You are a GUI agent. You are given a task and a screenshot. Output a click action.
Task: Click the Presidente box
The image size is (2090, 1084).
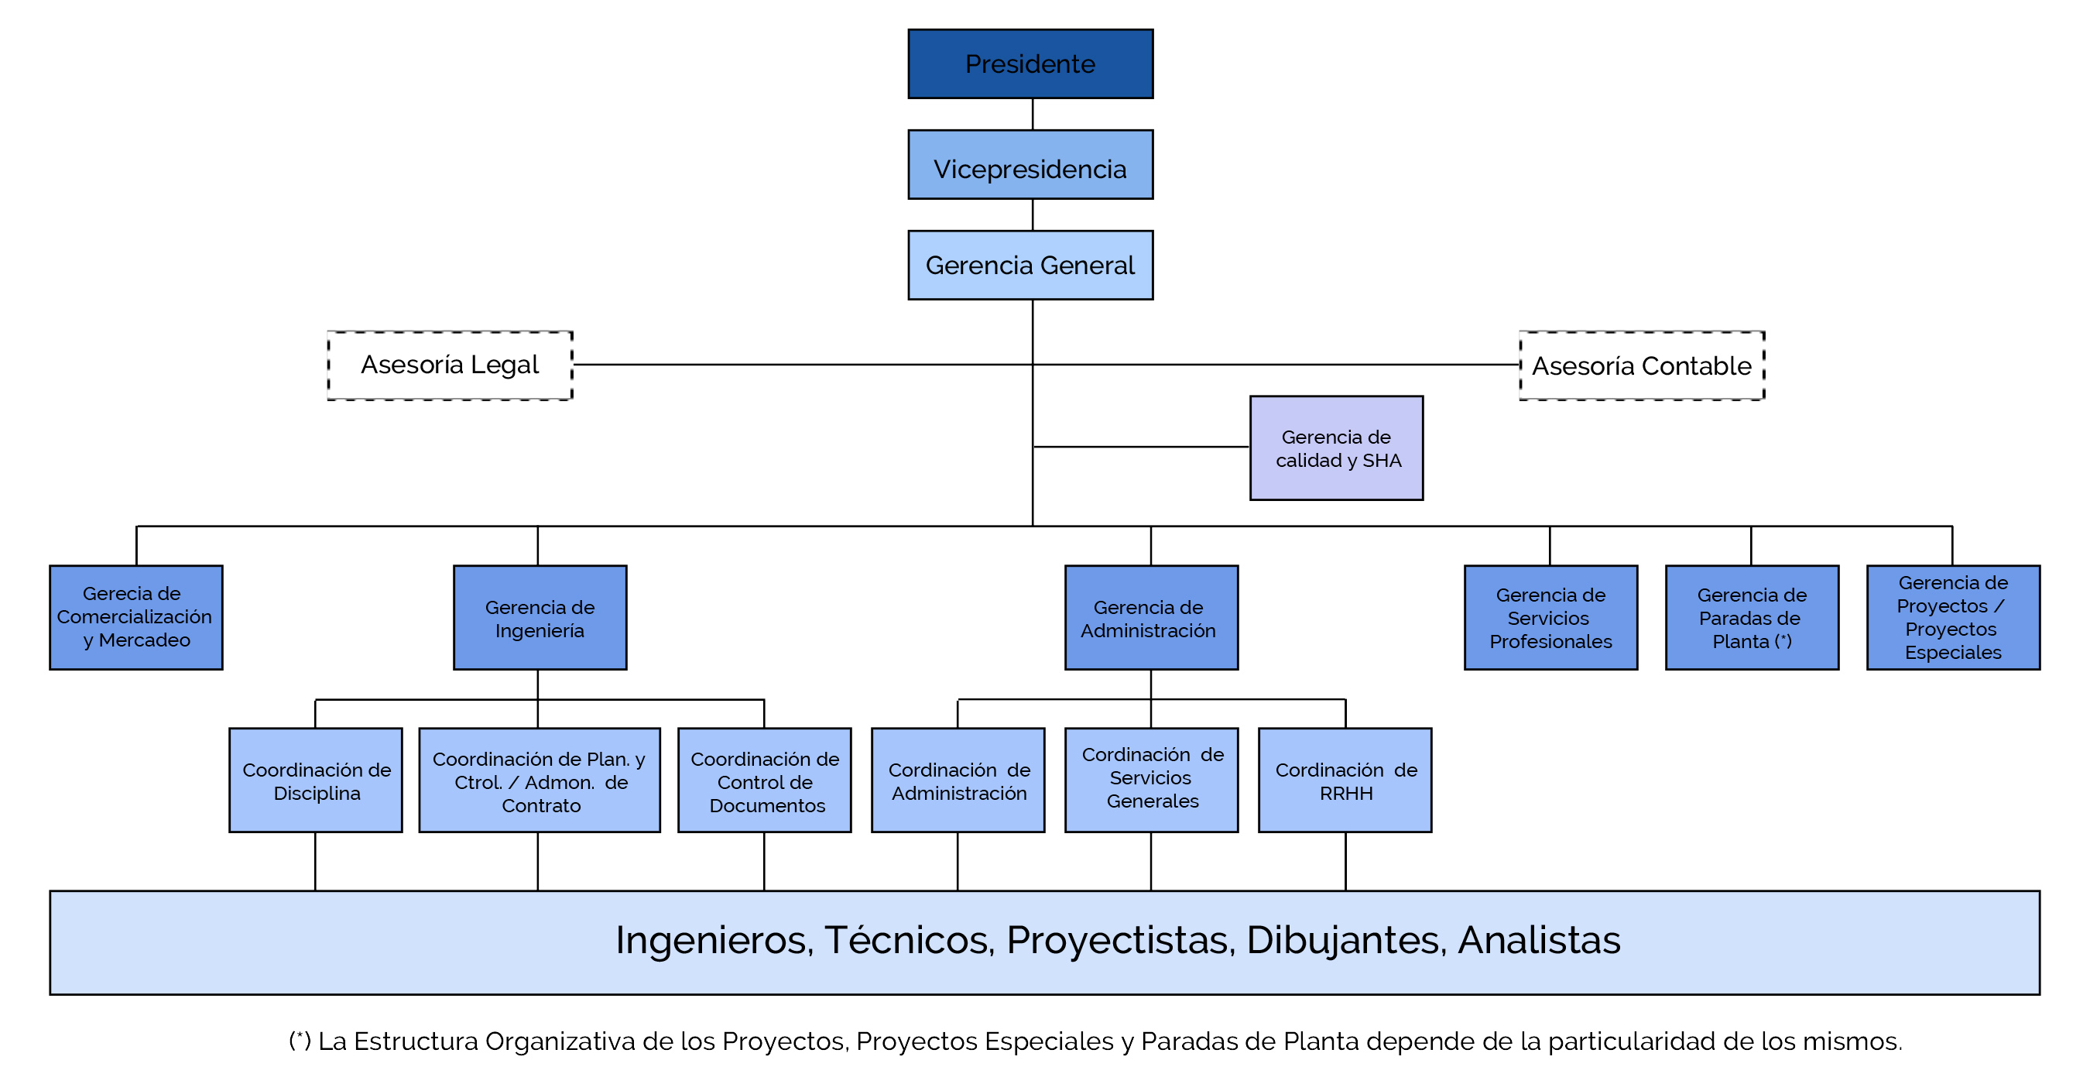[x=1030, y=64]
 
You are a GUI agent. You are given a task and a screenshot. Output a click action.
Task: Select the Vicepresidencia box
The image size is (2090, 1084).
[x=1030, y=165]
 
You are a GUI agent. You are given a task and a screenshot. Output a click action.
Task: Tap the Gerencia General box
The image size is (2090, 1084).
[x=1030, y=266]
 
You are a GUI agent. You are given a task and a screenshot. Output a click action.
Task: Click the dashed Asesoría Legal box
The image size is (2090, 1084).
[x=451, y=365]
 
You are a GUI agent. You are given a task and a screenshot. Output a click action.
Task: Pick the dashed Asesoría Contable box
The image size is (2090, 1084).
[x=1641, y=366]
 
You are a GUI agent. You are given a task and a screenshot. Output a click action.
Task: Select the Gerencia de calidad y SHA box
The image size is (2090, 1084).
[x=1336, y=448]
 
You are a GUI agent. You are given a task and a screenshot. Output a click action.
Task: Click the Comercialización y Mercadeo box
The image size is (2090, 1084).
[x=136, y=617]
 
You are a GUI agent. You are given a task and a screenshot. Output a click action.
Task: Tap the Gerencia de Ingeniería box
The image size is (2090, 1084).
[x=540, y=617]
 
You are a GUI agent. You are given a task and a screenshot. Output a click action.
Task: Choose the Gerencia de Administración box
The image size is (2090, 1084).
[x=1151, y=617]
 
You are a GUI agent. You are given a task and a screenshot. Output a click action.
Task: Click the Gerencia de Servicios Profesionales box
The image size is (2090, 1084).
[x=1550, y=617]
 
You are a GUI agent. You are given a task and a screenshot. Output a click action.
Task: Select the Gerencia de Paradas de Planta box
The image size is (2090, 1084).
[x=1752, y=617]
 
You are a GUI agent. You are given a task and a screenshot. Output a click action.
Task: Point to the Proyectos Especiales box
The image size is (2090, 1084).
[x=1953, y=617]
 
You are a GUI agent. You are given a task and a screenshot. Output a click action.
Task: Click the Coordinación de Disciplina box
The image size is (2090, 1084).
[x=316, y=780]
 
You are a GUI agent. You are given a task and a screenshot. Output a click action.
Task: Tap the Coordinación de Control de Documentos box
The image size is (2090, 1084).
[x=764, y=780]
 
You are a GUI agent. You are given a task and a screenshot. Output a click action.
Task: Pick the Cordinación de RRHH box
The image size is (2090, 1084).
[x=1345, y=780]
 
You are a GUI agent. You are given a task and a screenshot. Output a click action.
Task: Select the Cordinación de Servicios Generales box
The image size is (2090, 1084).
[x=1151, y=780]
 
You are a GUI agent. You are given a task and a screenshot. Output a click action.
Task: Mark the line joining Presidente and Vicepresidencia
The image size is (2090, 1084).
[x=1033, y=115]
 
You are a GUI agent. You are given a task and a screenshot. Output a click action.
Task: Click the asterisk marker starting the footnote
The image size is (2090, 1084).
[x=300, y=1039]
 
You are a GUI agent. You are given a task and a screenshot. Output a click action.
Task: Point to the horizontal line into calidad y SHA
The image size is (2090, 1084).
[x=1141, y=447]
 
